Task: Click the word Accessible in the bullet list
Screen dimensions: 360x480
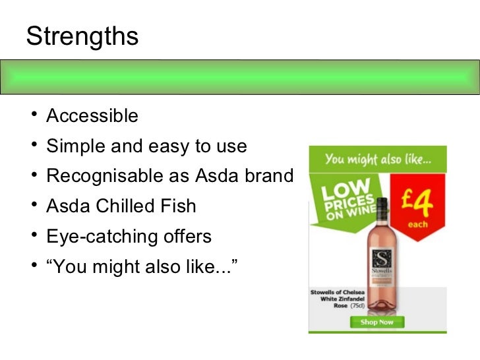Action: tap(92, 116)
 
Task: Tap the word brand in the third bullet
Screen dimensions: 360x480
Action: tap(268, 177)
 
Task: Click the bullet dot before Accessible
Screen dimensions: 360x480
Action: tap(32, 117)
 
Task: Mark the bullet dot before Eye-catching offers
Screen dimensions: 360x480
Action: tap(32, 237)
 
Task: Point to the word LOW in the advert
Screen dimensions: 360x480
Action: tap(337, 189)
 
